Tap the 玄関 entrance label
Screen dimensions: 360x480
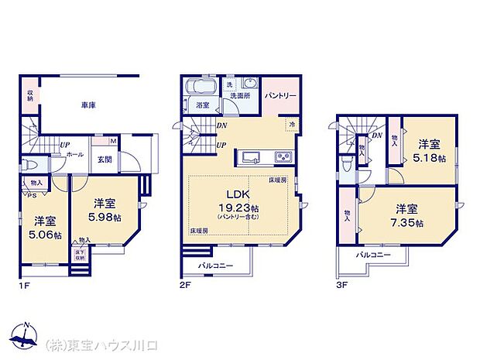105,159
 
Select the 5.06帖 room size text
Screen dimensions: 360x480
45,235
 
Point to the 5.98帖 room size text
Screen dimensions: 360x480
105,218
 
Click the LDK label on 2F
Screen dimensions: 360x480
236,194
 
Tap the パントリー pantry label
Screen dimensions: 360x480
279,96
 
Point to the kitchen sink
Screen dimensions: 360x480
252,158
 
